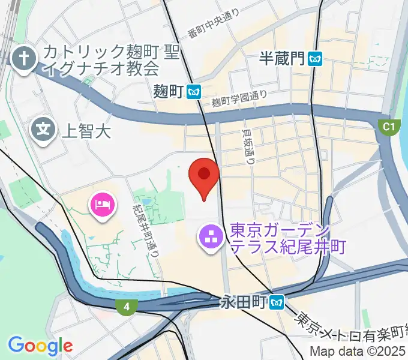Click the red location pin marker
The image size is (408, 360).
point(204,175)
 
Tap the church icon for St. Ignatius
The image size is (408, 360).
point(23,59)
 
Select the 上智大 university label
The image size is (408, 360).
point(87,131)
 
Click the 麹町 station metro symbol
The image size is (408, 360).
point(193,91)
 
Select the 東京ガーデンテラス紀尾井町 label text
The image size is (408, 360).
point(287,239)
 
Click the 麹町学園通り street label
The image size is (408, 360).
point(239,100)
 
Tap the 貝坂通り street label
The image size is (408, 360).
point(248,147)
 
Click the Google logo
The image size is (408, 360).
point(40,346)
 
